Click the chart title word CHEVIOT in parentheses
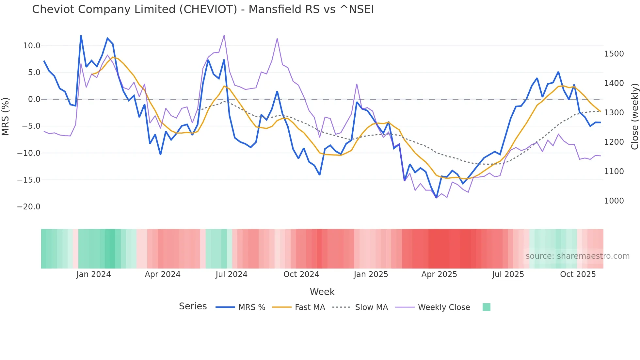click(208, 9)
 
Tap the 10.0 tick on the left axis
click(32, 46)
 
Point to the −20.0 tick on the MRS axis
click(29, 207)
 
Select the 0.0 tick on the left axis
click(34, 99)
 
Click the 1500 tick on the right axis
click(614, 54)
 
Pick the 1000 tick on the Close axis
click(614, 201)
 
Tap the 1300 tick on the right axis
click(614, 113)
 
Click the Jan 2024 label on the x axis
click(94, 274)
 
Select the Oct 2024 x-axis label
click(301, 274)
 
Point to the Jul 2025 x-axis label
click(508, 274)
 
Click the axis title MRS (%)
click(6, 117)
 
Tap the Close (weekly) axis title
click(634, 117)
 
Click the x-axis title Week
click(322, 292)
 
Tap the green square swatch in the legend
click(486, 307)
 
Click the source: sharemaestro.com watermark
click(577, 256)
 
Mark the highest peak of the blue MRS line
click(81, 36)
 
